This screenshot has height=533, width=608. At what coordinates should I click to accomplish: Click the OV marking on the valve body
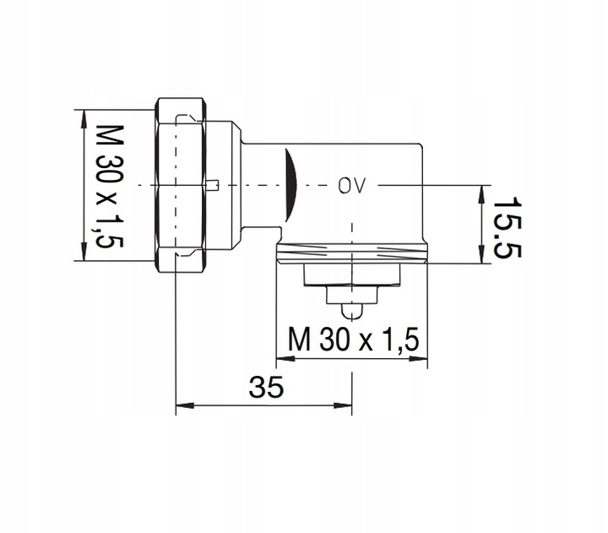[351, 185]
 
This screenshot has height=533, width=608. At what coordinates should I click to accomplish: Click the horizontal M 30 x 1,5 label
[352, 340]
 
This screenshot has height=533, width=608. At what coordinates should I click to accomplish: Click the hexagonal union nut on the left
[181, 185]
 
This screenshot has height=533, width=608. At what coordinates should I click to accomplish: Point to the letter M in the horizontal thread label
[299, 340]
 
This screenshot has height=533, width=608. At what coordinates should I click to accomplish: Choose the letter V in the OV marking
[360, 185]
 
